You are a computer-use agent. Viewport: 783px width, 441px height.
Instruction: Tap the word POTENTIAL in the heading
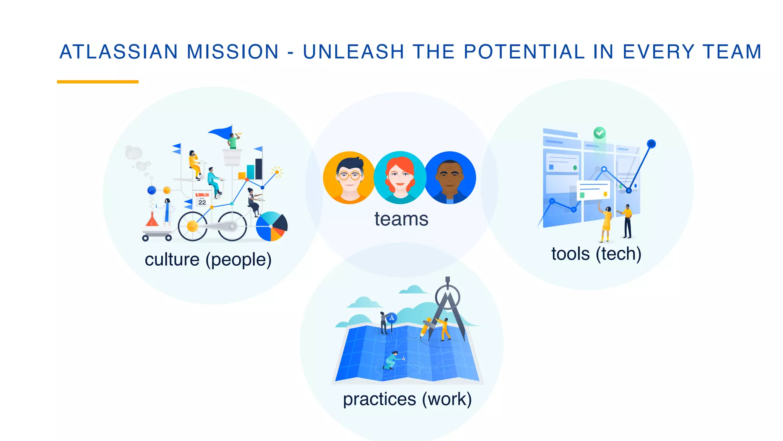point(524,52)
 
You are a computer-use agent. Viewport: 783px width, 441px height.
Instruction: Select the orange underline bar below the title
point(97,82)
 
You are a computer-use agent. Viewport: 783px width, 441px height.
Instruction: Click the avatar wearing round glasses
point(349,178)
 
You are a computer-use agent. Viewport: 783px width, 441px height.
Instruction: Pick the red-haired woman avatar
point(400,178)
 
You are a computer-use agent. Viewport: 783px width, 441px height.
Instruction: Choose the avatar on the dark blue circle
point(450,178)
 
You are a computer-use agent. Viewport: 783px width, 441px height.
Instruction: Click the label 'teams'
point(401,219)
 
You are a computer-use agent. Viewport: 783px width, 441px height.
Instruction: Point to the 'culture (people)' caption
point(208,260)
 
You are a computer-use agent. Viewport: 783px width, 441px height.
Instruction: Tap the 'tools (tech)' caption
point(596,254)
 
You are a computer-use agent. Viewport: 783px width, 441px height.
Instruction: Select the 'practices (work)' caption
point(407,399)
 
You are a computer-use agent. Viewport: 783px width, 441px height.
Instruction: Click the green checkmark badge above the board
point(599,133)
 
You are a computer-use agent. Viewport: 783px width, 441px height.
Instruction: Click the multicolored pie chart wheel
point(271,226)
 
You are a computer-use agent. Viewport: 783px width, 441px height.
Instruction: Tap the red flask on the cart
point(152,220)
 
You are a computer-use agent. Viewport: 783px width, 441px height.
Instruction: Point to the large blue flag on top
point(221,132)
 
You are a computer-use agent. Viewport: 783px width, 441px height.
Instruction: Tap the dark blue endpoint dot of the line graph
point(651,144)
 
